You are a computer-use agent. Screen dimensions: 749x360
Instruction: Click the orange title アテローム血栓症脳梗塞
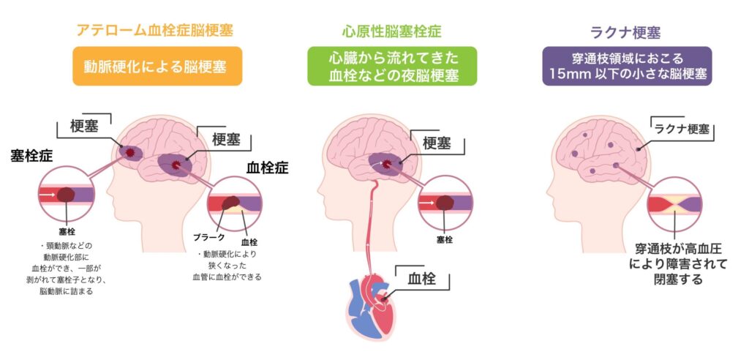coord(155,31)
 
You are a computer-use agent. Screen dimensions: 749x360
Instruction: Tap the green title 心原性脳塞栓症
coord(392,31)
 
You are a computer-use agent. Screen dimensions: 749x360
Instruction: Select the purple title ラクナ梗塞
coord(626,32)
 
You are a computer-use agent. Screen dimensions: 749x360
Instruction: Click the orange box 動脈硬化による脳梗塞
coord(157,66)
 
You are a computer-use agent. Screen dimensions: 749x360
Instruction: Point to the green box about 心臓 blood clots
coord(392,66)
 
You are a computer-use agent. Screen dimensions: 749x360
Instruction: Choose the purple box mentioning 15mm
coord(627,66)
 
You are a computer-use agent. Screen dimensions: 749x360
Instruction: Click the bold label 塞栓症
coord(32,157)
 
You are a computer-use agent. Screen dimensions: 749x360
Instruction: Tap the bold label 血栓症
coord(268,168)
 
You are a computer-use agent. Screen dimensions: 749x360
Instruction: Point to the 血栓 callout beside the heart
coord(422,279)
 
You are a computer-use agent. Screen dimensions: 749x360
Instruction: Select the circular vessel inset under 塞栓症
coord(67,194)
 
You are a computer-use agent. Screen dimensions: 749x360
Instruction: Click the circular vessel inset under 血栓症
coord(235,204)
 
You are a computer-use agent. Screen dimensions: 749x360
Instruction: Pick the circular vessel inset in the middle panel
coord(445,204)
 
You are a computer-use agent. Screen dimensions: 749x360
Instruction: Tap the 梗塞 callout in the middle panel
coord(437,143)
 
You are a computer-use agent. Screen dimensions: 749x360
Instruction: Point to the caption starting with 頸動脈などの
coord(67,269)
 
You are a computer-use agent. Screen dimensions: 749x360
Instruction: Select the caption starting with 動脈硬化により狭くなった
coord(227,266)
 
